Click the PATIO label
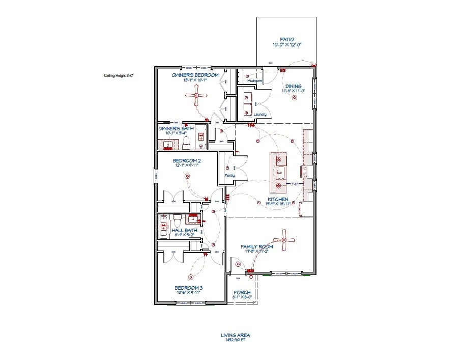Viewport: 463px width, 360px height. click(x=287, y=39)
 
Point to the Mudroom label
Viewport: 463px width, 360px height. click(x=254, y=81)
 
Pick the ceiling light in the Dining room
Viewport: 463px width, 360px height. click(x=293, y=99)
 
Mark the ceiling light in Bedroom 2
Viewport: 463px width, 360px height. click(x=187, y=177)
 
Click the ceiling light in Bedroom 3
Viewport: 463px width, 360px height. click(x=191, y=278)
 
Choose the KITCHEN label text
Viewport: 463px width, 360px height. click(x=278, y=199)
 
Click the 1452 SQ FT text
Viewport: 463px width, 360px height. click(x=235, y=340)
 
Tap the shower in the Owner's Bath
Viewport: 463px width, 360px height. click(x=201, y=136)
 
